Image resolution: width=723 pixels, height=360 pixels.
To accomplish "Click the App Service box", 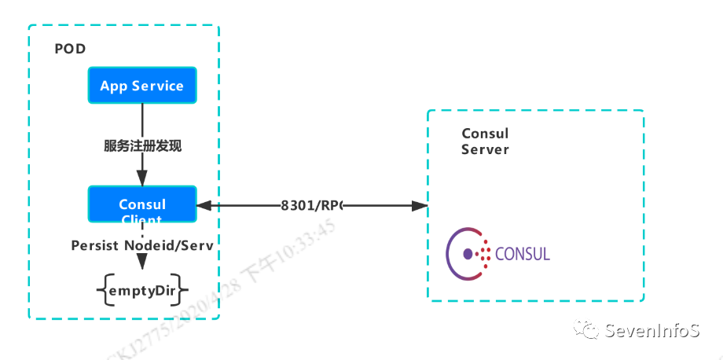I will [141, 86].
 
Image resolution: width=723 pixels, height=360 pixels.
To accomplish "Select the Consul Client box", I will [141, 205].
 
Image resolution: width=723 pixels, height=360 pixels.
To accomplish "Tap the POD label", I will [70, 50].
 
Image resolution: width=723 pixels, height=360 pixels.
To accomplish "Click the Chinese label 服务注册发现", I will [142, 147].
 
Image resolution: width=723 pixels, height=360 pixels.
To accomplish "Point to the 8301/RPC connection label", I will [312, 206].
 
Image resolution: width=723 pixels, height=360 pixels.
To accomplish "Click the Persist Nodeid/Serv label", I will [142, 245].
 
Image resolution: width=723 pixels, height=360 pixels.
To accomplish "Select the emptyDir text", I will [142, 291].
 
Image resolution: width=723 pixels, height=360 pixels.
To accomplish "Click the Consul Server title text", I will [485, 141].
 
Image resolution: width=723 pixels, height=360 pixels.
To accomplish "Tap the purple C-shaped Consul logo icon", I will [464, 254].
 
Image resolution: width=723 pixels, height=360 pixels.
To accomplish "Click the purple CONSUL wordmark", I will [523, 254].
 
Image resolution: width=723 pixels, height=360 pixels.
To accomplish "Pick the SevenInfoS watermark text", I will [651, 331].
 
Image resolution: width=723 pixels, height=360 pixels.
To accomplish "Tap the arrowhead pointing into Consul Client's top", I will [142, 179].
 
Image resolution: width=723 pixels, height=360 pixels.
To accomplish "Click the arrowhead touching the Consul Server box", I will [420, 206].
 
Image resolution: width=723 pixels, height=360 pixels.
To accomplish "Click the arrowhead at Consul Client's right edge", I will [203, 206].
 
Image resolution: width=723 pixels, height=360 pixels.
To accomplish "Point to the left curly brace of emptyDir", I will [102, 292].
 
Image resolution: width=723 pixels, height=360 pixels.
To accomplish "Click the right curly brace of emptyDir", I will [182, 292].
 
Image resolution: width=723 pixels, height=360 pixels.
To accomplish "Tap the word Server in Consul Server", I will [485, 149].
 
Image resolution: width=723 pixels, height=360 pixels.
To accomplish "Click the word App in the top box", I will [114, 86].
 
